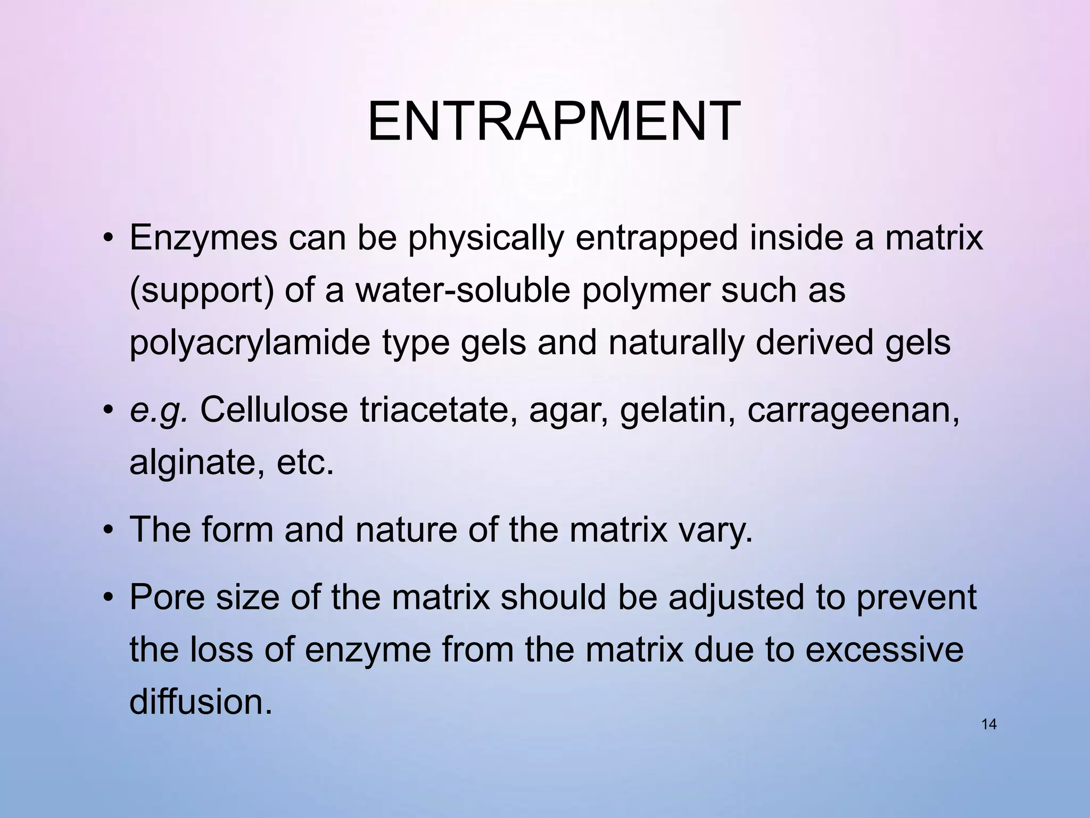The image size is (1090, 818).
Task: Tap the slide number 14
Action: pyautogui.click(x=988, y=724)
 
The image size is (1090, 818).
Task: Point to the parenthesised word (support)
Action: pyautogui.click(x=202, y=290)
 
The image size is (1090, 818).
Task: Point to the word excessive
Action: pyautogui.click(x=884, y=650)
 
